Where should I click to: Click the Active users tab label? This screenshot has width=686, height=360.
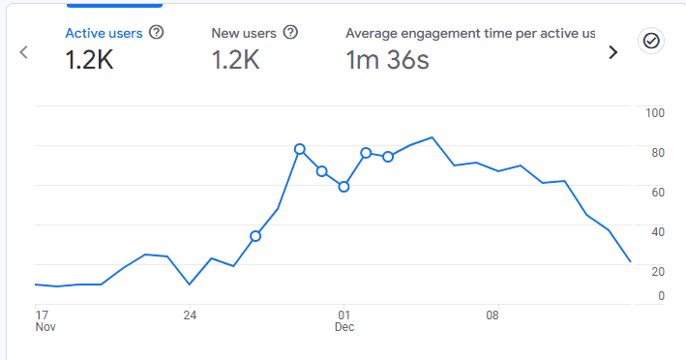coord(104,33)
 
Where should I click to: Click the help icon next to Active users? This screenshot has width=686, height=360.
coord(157,33)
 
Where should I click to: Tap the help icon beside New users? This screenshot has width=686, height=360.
coord(290,33)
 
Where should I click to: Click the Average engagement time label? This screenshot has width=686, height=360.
coord(470,33)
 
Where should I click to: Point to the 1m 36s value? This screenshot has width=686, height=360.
coord(387,60)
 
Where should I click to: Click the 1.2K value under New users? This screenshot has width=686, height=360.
coord(234,60)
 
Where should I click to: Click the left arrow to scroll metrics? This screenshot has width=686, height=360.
coord(24,52)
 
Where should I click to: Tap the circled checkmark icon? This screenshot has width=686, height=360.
coord(651,41)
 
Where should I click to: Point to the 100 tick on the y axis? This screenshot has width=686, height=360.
coord(655,113)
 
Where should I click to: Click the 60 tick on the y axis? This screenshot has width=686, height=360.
coord(658,193)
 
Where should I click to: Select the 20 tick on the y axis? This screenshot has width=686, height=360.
coord(658,272)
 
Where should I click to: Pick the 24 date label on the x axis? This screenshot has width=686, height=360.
coord(191,315)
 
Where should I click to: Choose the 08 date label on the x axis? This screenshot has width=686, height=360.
coord(492,315)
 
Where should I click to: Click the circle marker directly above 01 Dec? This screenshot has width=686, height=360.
coord(343,187)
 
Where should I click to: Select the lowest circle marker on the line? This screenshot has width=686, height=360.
coord(255,236)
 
